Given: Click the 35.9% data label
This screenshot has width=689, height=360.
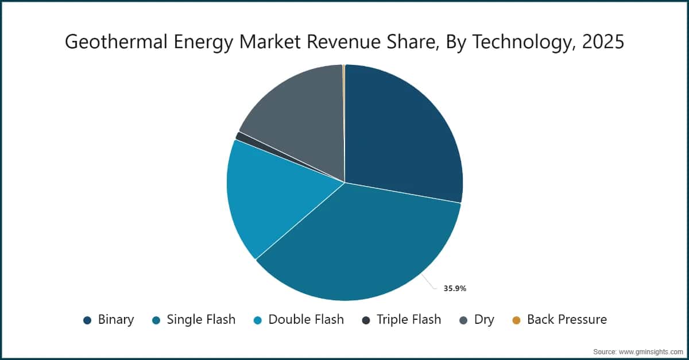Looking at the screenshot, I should (455, 289).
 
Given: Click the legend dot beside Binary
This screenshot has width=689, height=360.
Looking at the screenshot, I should (87, 320).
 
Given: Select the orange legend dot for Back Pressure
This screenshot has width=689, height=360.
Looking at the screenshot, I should (516, 320).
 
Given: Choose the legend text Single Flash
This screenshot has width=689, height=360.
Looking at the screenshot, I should (201, 320).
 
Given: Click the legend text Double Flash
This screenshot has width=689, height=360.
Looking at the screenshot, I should (306, 320).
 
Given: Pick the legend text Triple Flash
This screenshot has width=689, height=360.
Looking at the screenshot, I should (409, 320).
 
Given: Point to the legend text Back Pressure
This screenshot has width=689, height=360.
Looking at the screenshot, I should (567, 320).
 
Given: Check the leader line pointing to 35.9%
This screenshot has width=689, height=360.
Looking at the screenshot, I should (429, 281).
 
